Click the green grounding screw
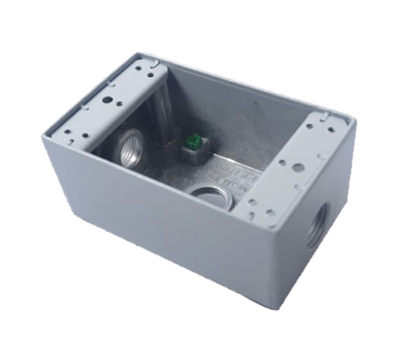191,143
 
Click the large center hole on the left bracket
107,99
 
